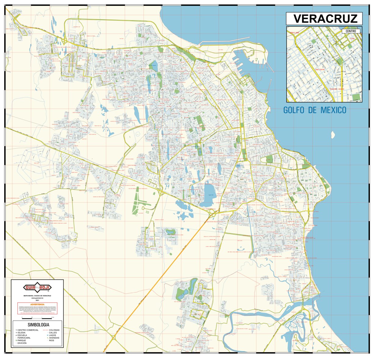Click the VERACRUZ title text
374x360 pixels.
325,19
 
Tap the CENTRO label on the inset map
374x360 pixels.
351,31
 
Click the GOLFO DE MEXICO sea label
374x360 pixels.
315,110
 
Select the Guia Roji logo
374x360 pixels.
38,288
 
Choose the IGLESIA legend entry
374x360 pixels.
24,333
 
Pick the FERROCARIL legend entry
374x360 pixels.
26,338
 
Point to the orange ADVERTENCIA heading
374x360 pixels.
38,305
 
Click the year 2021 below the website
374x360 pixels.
38,301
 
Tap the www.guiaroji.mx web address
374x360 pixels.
38,298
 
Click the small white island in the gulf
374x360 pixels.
333,134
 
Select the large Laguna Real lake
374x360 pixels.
208,195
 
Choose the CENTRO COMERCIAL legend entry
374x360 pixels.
28,330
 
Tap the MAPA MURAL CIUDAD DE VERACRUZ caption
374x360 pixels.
38,296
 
